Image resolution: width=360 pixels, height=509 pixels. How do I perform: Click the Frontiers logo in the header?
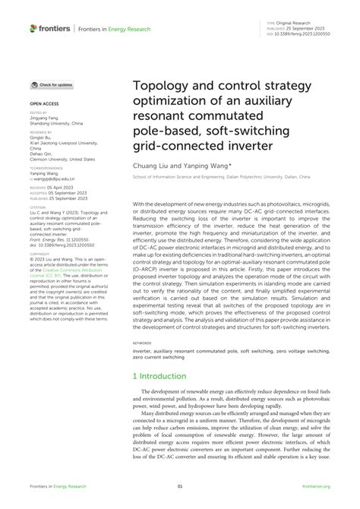49,27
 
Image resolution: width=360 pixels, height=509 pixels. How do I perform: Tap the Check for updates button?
52,85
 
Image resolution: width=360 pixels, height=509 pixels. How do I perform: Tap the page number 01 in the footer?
180,487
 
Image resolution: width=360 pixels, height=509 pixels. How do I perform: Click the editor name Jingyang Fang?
47,119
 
